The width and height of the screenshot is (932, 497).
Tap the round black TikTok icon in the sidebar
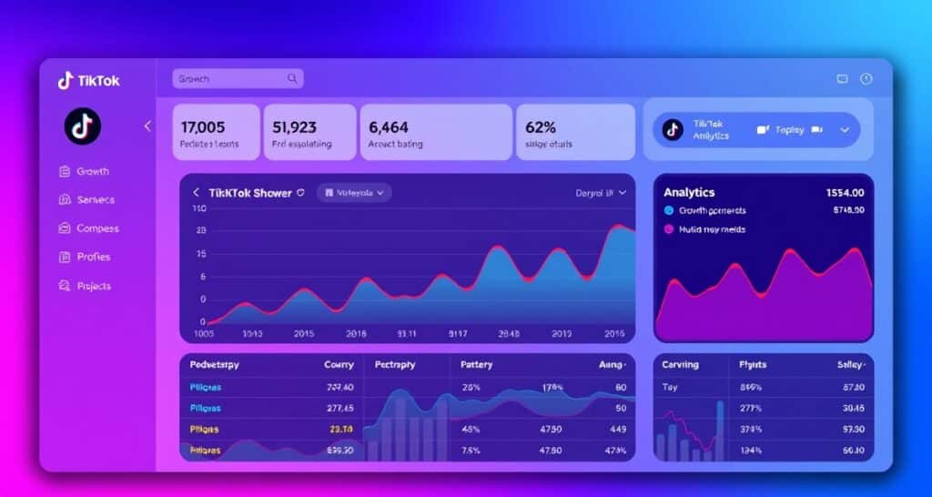[82, 127]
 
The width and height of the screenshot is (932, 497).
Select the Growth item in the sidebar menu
[92, 171]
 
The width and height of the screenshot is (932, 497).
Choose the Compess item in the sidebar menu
[97, 228]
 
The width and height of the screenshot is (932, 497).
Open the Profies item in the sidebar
[93, 257]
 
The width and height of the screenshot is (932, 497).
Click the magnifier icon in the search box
[292, 79]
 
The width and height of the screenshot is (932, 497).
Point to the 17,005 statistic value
[203, 127]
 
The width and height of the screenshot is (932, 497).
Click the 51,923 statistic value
[294, 127]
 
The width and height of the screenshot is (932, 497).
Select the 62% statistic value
[541, 127]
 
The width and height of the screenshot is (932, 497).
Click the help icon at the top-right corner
[866, 79]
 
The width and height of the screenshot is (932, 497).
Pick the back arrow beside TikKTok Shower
[196, 193]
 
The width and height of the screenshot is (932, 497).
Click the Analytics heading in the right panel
[689, 193]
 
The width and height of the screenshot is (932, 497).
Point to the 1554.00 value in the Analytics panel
[845, 193]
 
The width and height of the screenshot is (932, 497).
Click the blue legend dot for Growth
[669, 210]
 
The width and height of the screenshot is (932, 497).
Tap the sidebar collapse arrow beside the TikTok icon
[147, 127]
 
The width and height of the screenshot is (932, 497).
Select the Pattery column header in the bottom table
[477, 365]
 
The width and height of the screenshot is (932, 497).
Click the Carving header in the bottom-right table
[680, 365]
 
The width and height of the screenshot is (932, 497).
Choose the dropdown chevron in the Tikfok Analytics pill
[844, 130]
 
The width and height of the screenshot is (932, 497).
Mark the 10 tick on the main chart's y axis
[199, 208]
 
